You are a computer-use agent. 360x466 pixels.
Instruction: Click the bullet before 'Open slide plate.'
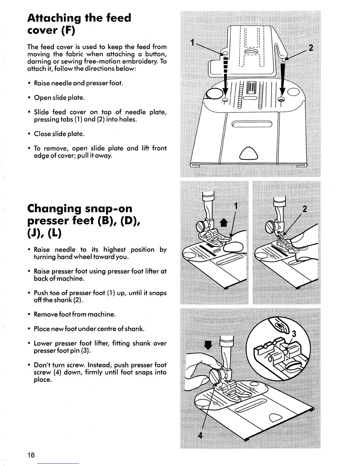click(30, 98)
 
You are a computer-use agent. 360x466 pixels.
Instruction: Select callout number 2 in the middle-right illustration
click(305, 209)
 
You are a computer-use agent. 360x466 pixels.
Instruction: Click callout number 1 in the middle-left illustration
click(235, 205)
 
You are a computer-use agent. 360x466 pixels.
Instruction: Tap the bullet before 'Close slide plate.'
click(30, 134)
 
